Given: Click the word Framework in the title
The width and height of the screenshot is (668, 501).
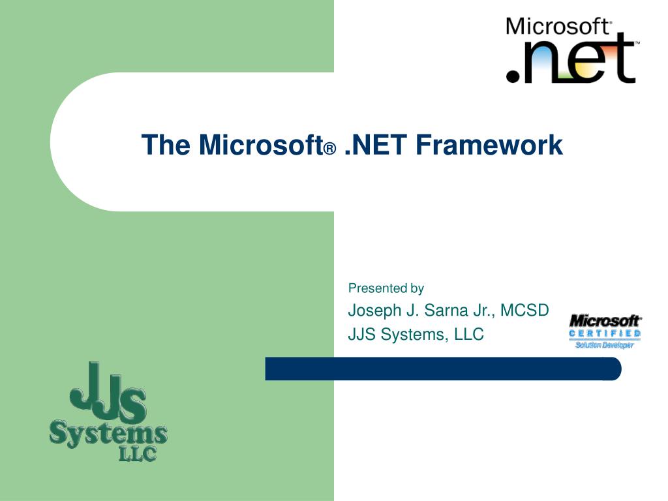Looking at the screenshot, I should [x=489, y=145].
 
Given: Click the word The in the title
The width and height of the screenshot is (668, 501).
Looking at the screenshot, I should [x=166, y=145].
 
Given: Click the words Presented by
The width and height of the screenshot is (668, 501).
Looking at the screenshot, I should [x=386, y=288].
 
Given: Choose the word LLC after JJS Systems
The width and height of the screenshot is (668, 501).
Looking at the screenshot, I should [x=469, y=335].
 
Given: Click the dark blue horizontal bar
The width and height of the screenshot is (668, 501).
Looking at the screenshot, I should [x=444, y=369].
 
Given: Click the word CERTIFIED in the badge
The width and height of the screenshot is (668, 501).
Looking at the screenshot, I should [x=605, y=334].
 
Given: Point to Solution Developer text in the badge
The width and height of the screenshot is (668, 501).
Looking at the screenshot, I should [x=604, y=345].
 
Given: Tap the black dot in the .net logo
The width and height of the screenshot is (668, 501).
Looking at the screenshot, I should [x=514, y=76].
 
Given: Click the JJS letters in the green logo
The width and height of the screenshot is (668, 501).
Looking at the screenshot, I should [x=108, y=395].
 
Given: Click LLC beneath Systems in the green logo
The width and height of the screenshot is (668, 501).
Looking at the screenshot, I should [x=137, y=453].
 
